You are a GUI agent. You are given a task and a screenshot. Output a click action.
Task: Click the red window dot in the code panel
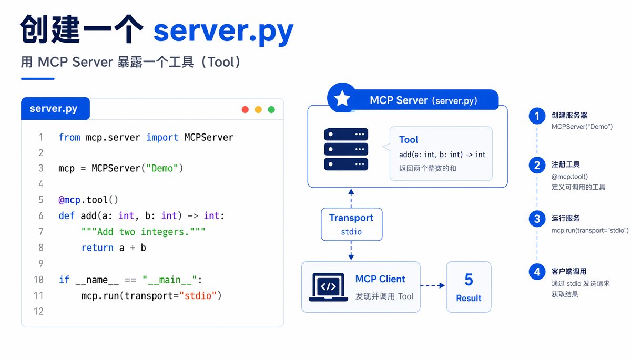tap(245, 109)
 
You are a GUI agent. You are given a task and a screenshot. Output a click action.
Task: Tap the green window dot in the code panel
tap(271, 109)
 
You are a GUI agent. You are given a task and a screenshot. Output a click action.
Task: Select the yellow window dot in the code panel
tap(258, 109)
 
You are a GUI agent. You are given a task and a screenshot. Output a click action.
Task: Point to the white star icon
tap(342, 98)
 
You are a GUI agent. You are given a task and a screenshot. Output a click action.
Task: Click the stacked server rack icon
tap(346, 149)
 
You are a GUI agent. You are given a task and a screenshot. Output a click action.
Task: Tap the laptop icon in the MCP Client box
tap(328, 287)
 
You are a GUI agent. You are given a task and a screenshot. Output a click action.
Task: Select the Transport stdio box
tap(352, 224)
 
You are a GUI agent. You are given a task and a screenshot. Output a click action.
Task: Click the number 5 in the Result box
tap(469, 280)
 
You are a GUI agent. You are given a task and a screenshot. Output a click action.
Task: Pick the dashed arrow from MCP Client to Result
tap(433, 285)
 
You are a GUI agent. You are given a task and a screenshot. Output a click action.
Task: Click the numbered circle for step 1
tap(537, 116)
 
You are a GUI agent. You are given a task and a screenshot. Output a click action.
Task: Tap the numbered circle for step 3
tap(537, 219)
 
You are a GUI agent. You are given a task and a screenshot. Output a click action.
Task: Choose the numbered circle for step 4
tap(537, 272)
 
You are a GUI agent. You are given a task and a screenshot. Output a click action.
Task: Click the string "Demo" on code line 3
tap(162, 168)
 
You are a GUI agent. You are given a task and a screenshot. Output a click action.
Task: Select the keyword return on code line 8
tap(97, 248)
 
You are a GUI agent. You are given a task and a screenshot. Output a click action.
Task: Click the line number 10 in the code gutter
tap(38, 280)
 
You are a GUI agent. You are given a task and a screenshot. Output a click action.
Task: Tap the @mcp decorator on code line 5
tap(69, 200)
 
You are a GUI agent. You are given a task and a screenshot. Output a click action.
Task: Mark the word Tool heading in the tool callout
tap(409, 140)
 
